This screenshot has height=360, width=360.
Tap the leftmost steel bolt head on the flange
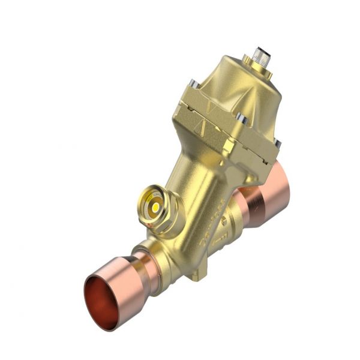coord(191,85)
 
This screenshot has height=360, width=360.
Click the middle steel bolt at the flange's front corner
coord(241,117)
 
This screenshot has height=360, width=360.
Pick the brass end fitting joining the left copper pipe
coord(159,252)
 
